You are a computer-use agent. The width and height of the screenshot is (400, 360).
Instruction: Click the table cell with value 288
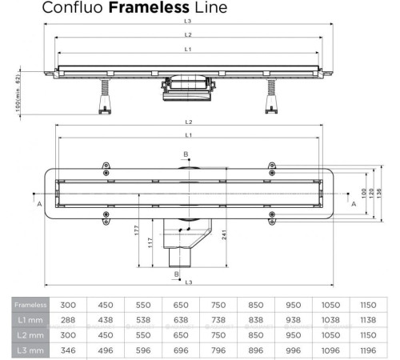[x=69, y=319]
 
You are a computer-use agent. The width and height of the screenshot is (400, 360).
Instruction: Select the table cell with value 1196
[x=367, y=350]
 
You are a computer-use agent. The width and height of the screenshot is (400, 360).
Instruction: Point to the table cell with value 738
[x=218, y=319]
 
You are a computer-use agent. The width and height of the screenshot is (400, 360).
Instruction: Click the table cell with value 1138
[x=367, y=319]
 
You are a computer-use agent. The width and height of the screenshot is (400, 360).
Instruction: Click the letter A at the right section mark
[x=353, y=203]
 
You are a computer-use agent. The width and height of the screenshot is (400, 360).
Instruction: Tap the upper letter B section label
[x=185, y=154]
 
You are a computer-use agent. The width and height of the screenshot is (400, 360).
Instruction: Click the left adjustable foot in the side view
[x=103, y=99]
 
